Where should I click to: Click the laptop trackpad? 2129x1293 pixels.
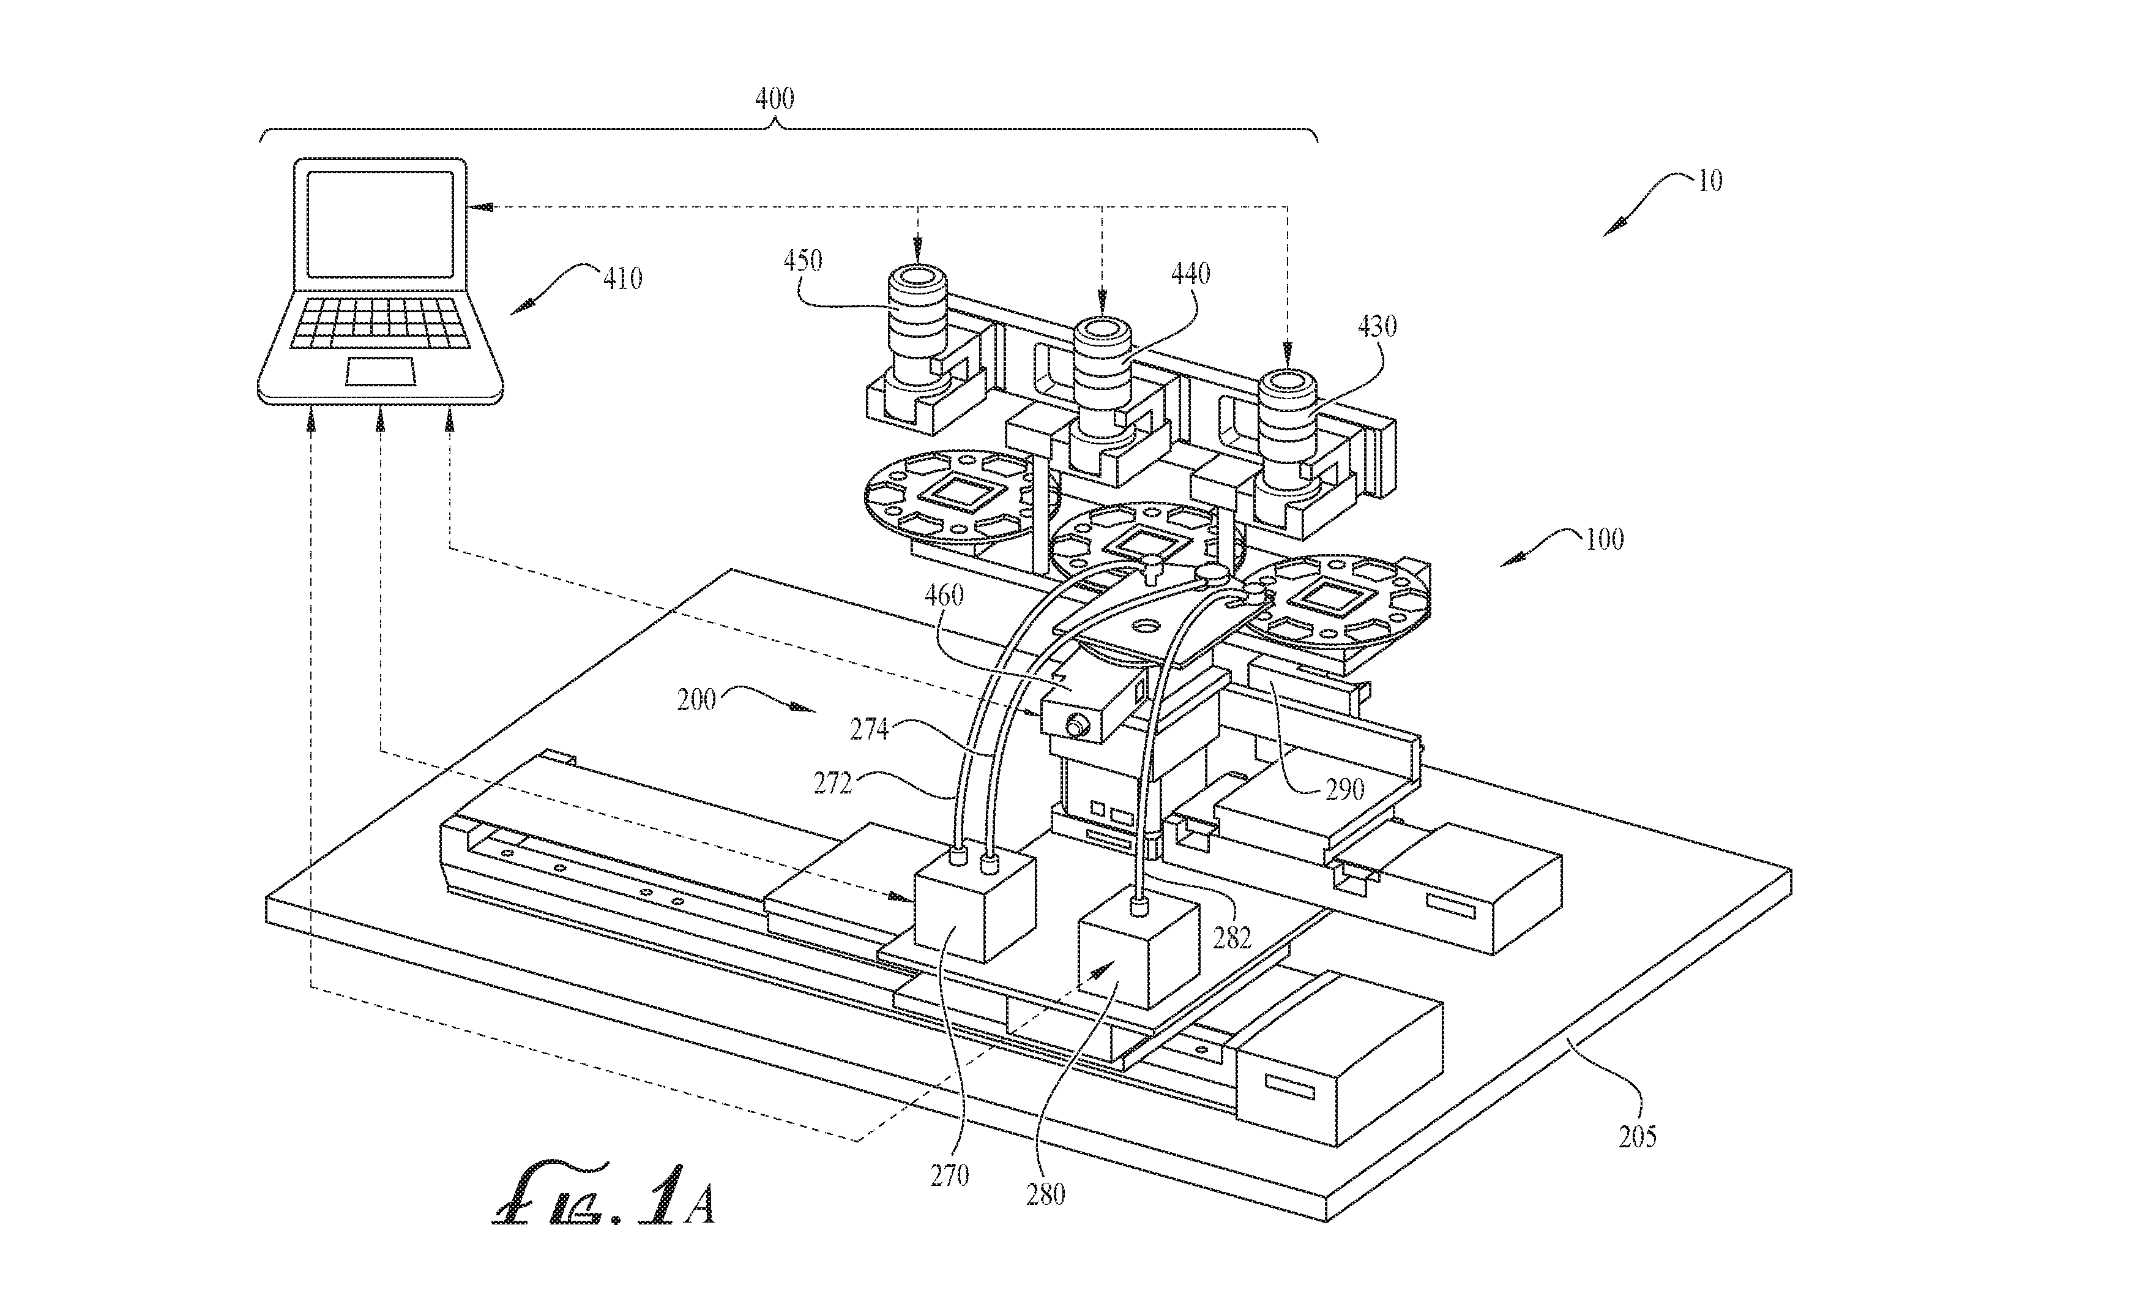tap(381, 371)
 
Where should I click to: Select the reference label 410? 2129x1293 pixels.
tap(623, 279)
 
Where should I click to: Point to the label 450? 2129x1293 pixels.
tap(803, 260)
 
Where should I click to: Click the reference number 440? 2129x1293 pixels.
tap(1191, 274)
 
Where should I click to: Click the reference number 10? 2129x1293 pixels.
tap(1710, 181)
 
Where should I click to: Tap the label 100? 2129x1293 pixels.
tap(1605, 539)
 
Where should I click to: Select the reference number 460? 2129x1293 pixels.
tap(944, 596)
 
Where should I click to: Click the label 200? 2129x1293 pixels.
tap(696, 699)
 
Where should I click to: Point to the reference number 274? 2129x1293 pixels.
tap(869, 730)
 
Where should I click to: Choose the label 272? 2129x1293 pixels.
tap(833, 783)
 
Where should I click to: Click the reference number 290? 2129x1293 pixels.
tap(1344, 789)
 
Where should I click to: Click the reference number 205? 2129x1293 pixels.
tap(1638, 1136)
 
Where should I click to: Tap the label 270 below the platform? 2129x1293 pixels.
tap(950, 1175)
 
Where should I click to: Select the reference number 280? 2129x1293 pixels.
tap(1045, 1194)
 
